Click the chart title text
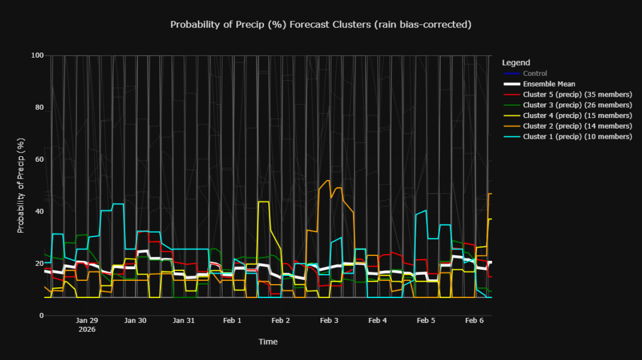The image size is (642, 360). (x=320, y=24)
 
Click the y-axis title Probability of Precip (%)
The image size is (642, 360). (x=21, y=185)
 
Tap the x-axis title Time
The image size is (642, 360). (x=268, y=342)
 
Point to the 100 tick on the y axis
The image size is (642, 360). (x=37, y=56)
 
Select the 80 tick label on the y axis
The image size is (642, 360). (x=39, y=108)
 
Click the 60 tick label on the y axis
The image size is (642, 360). (x=39, y=160)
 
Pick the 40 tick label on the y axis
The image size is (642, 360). (x=39, y=211)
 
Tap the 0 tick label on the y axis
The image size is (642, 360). (x=41, y=315)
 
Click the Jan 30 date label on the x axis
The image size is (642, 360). (x=135, y=320)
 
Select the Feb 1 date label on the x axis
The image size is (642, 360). (x=232, y=320)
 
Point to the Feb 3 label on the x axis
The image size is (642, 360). (x=329, y=320)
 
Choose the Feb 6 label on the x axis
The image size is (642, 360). (x=474, y=320)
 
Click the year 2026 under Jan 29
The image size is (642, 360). (x=87, y=329)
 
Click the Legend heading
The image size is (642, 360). (x=516, y=63)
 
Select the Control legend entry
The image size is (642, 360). (x=535, y=73)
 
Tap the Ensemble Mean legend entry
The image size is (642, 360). (x=549, y=84)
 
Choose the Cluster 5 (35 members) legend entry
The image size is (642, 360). (x=577, y=95)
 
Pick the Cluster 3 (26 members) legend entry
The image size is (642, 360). (x=577, y=105)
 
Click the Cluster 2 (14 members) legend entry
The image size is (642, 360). (x=577, y=126)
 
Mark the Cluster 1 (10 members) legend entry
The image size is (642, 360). (x=577, y=137)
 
